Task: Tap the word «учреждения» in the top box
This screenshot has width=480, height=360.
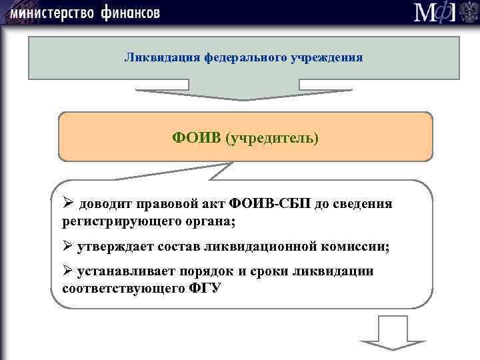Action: pyautogui.click(x=327, y=57)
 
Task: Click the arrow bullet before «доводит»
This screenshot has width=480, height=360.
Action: pyautogui.click(x=68, y=203)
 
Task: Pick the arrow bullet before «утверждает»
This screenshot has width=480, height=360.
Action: pyautogui.click(x=68, y=246)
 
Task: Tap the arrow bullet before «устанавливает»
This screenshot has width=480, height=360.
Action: pyautogui.click(x=68, y=271)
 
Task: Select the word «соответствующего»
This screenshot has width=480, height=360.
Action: pyautogui.click(x=118, y=289)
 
